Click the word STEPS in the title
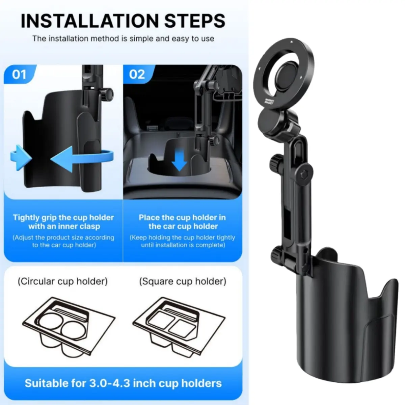click(195, 21)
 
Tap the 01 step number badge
click(20, 74)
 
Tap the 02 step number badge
click(137, 74)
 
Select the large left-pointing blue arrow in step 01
click(82, 159)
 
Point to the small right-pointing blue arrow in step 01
click(21, 158)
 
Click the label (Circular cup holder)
click(62, 281)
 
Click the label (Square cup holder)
click(183, 281)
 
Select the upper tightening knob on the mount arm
click(275, 162)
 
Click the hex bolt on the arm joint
click(304, 174)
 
